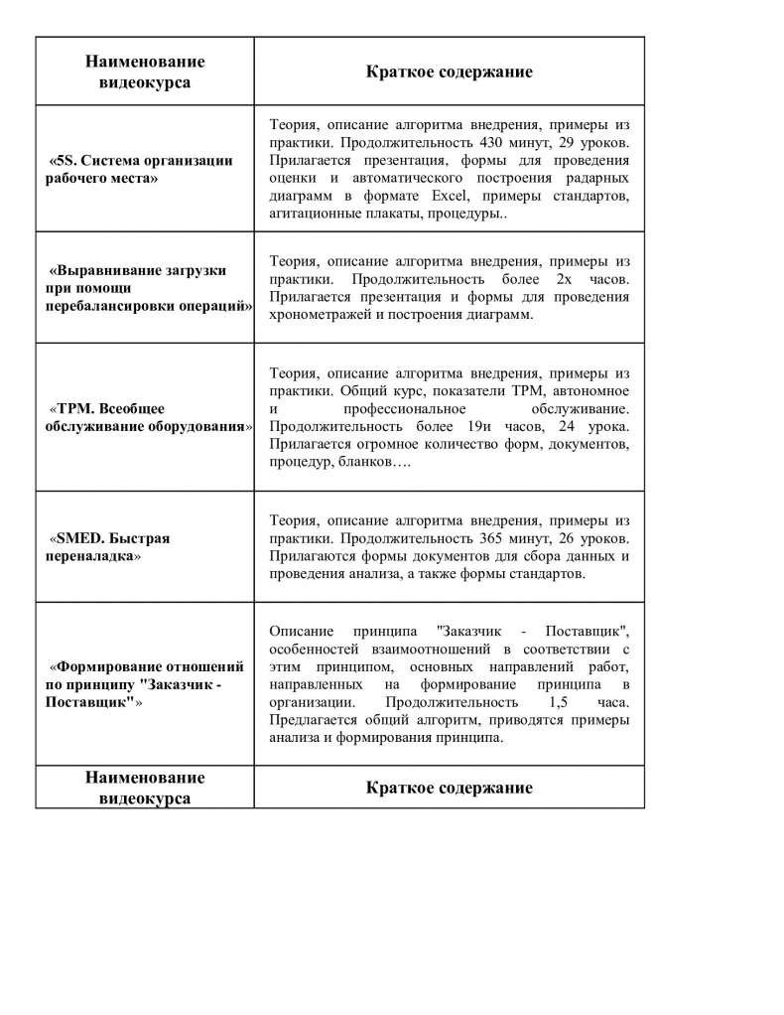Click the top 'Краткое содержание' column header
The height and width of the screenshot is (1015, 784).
pyautogui.click(x=449, y=72)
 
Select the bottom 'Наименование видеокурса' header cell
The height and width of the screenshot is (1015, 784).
pyautogui.click(x=145, y=788)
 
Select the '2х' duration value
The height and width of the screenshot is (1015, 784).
pyautogui.click(x=565, y=279)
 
